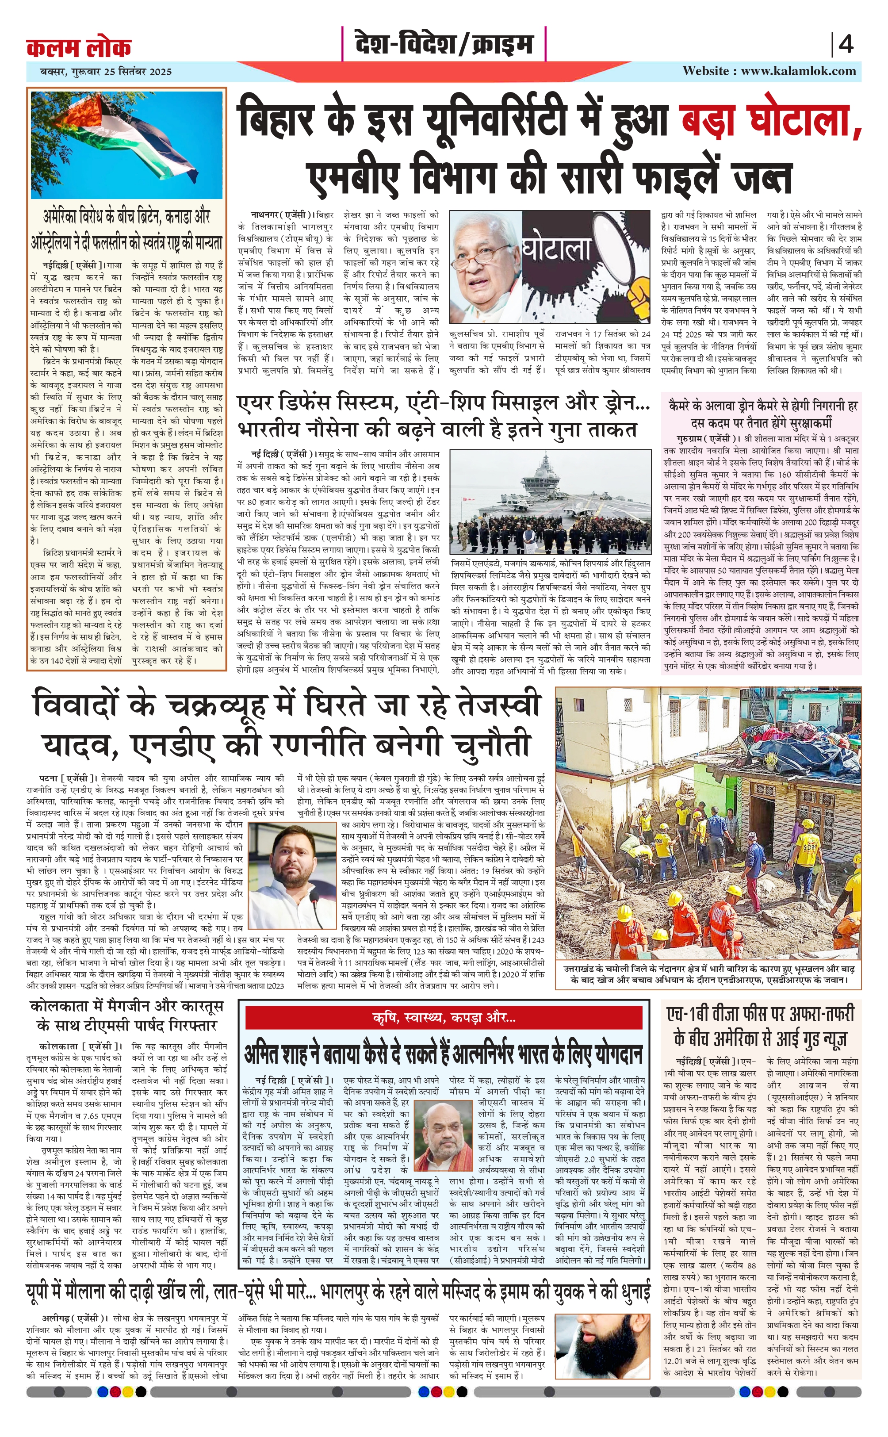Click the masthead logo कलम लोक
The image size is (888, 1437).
tap(79, 47)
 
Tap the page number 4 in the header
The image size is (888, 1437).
tap(846, 45)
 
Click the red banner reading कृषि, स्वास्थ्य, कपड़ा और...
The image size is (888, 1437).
tap(444, 1018)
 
